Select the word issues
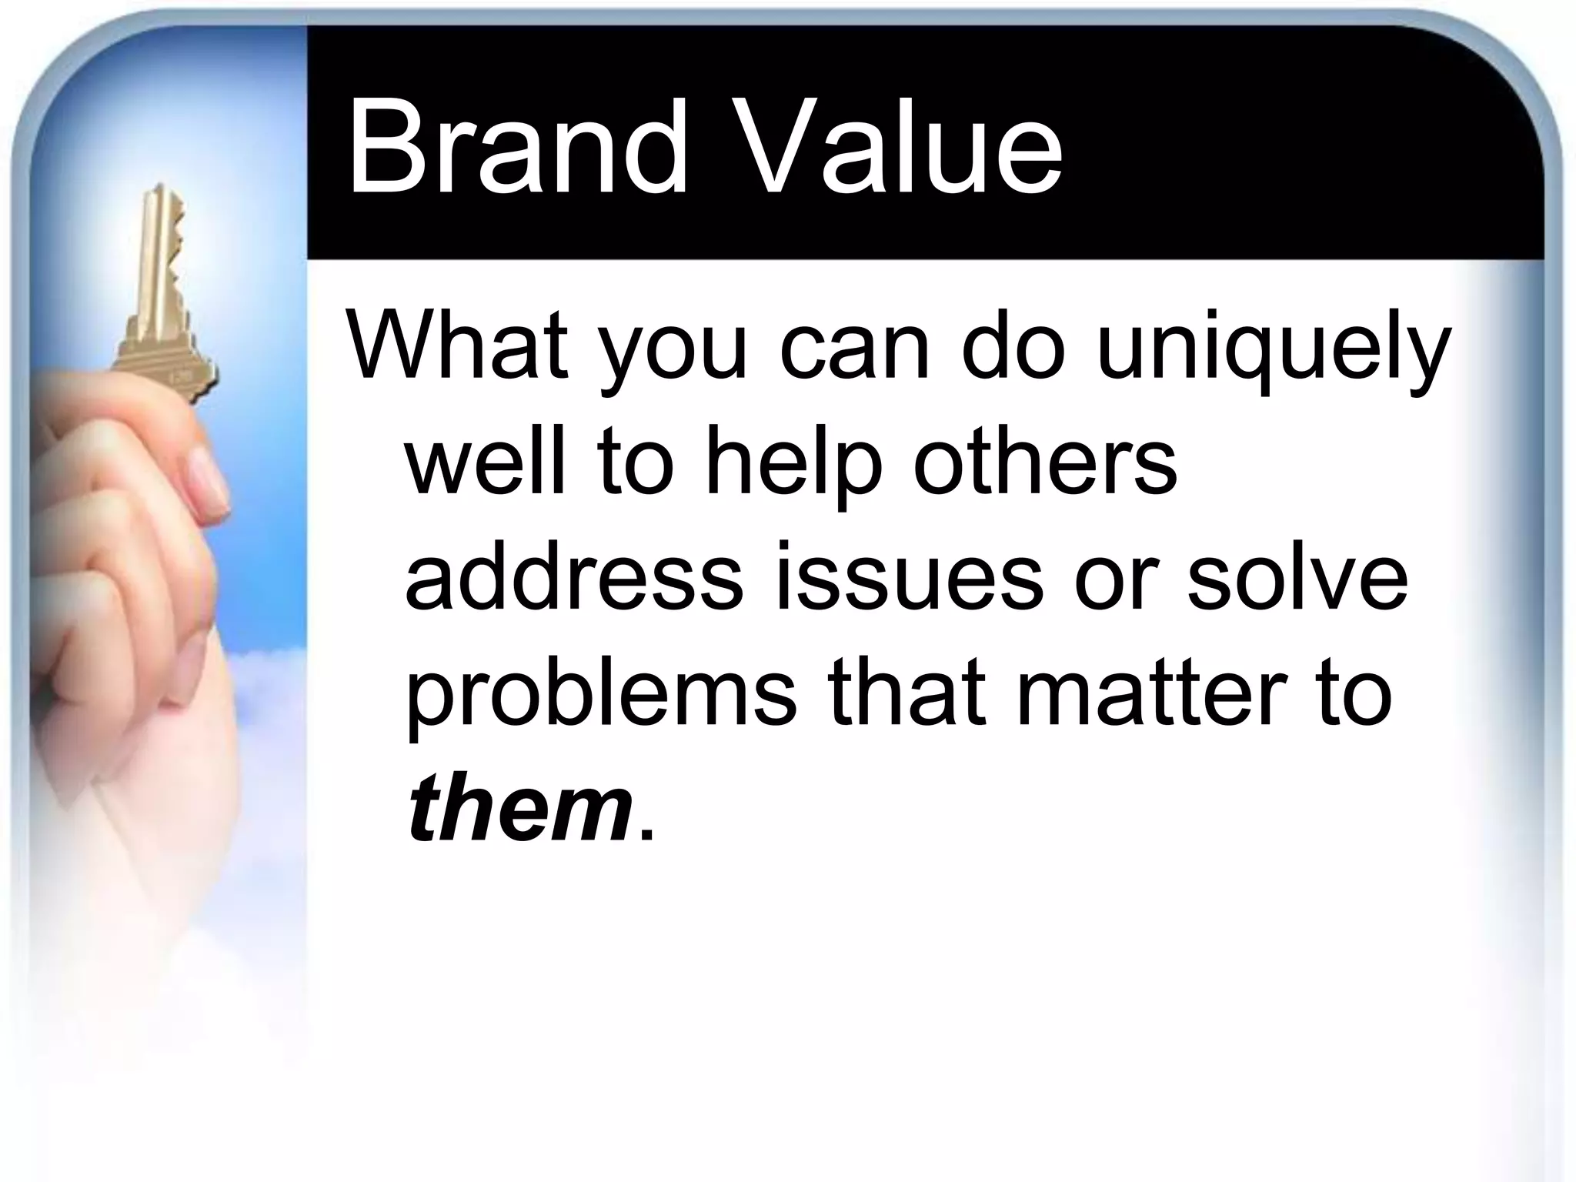coord(908,577)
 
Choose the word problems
coord(600,693)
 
